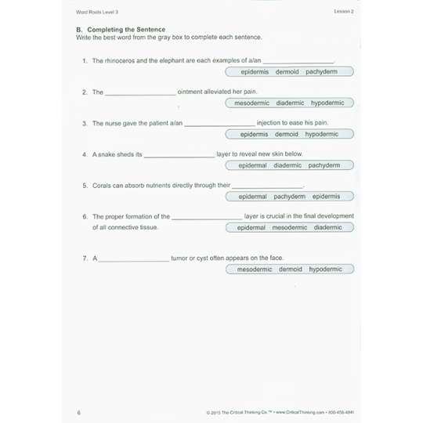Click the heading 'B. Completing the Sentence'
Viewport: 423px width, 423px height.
pos(121,29)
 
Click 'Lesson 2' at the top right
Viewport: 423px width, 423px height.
pos(344,12)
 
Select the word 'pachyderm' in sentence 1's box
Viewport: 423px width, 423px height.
pos(321,71)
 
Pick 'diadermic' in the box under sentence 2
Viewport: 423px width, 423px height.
pos(290,103)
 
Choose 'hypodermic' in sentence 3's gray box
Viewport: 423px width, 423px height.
pos(322,134)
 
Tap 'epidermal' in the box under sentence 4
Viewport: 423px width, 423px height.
pos(252,165)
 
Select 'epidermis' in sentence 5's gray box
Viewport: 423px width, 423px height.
pos(326,197)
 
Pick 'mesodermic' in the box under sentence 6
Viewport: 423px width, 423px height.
pos(290,228)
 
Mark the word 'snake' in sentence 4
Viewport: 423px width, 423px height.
pos(107,154)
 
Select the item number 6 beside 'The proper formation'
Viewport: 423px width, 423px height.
pos(85,216)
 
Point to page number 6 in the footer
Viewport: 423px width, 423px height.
pos(79,412)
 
